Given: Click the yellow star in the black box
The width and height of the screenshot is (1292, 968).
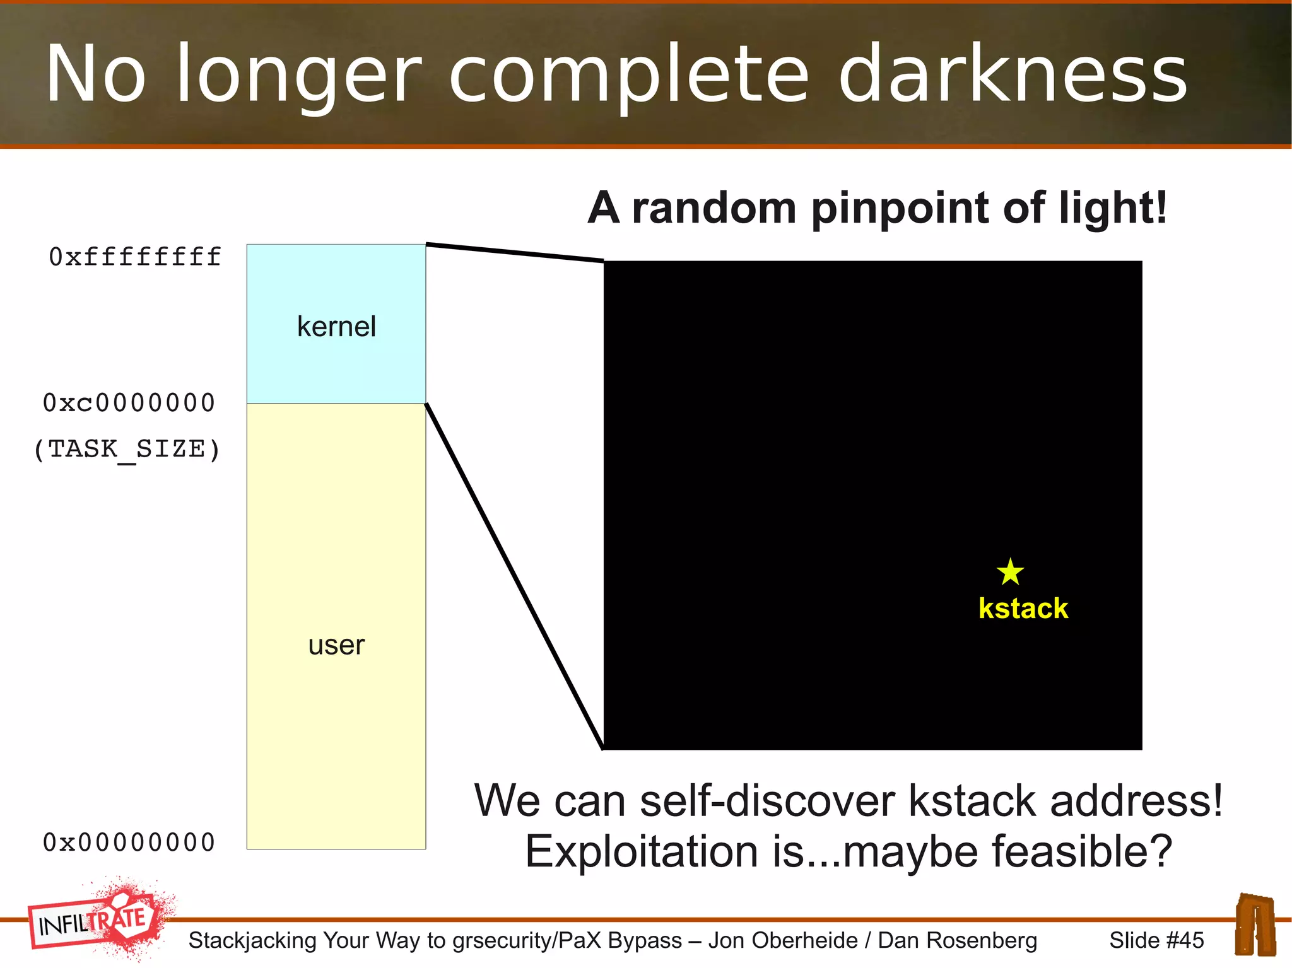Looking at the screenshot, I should point(1010,571).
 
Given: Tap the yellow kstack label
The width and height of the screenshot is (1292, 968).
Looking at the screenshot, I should point(1023,609).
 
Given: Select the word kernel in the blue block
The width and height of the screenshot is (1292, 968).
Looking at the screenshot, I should point(336,327).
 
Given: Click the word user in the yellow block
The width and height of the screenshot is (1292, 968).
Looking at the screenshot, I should point(336,645).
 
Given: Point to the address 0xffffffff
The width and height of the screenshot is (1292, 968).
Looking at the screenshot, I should point(135,257).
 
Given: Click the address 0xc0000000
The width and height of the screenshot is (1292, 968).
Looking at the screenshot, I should point(129,403).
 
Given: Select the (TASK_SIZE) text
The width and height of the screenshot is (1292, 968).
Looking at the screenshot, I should point(127,450).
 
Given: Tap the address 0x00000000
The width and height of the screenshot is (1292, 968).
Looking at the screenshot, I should point(129,843).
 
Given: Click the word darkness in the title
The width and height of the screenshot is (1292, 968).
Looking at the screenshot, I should point(1012,74).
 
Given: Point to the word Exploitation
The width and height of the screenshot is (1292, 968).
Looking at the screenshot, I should point(641,851).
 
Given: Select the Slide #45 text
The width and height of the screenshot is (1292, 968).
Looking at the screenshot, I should point(1156,940).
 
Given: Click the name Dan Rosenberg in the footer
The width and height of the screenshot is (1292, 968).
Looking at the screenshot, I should point(957,940).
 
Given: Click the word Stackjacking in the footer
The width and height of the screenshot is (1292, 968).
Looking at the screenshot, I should point(252,940).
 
